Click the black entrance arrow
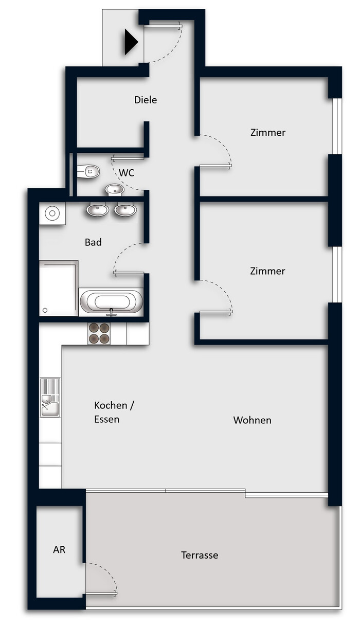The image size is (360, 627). (x=131, y=42)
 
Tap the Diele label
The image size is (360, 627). (x=146, y=100)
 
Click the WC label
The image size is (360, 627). (x=127, y=173)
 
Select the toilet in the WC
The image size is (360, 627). (x=88, y=171)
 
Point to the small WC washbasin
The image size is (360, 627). (x=115, y=189)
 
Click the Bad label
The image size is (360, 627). (x=93, y=242)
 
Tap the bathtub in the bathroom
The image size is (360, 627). (x=112, y=302)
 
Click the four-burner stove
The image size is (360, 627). (x=99, y=333)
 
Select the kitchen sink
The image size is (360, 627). (x=50, y=398)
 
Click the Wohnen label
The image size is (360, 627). (x=252, y=420)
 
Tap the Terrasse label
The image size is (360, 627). (x=200, y=555)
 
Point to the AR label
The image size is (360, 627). (x=59, y=550)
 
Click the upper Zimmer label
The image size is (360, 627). (x=268, y=132)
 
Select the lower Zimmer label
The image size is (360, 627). (x=267, y=271)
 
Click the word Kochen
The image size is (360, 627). (x=111, y=405)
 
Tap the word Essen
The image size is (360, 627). (x=106, y=419)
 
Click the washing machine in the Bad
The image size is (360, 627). (x=52, y=213)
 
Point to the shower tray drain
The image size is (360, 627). (x=45, y=310)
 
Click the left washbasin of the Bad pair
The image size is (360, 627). (x=97, y=209)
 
